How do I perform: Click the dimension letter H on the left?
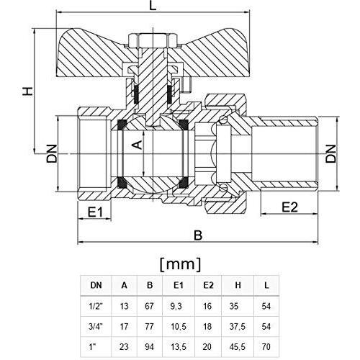(27, 91)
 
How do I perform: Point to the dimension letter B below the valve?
(199, 234)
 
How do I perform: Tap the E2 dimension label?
(289, 208)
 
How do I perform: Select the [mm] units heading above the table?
(180, 262)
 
